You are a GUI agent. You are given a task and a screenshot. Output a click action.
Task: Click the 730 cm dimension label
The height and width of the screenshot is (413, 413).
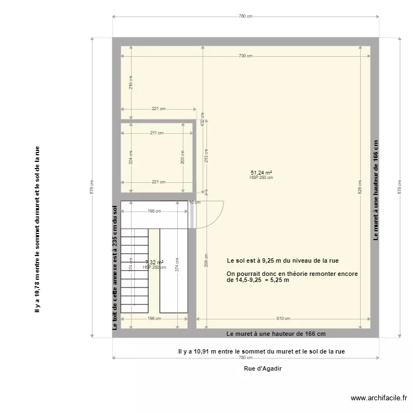(246, 56)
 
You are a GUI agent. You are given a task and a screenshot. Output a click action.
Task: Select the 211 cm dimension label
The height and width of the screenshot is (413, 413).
(156, 133)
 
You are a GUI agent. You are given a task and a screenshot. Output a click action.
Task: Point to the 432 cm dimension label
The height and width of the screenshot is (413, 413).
(203, 120)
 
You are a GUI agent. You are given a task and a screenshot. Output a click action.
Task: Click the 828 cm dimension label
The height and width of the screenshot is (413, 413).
(361, 189)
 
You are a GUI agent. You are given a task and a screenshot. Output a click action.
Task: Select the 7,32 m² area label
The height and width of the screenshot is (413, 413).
(154, 263)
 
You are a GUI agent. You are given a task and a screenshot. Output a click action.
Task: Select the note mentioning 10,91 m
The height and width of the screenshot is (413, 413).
(262, 351)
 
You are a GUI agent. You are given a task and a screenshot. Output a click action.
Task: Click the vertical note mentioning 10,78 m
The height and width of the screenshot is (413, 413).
(37, 230)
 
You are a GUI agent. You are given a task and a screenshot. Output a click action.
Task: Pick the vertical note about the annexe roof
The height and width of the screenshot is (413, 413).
(115, 267)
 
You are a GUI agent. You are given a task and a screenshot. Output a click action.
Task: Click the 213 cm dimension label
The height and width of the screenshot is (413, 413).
(206, 155)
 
